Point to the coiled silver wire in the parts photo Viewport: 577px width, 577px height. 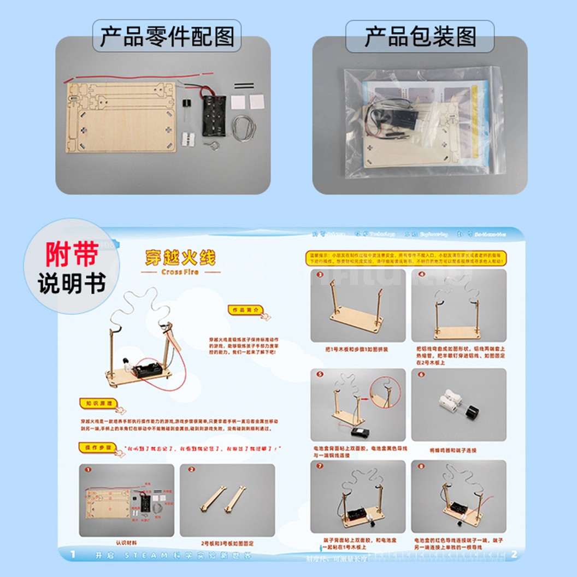[244, 128]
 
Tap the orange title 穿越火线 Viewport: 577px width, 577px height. [180, 257]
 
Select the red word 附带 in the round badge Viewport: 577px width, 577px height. [71, 255]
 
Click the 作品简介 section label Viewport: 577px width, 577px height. [245, 310]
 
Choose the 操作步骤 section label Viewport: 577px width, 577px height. [98, 447]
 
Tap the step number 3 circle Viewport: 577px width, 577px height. [320, 274]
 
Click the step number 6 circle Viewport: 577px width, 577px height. [421, 375]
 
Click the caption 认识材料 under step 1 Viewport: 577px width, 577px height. [126, 543]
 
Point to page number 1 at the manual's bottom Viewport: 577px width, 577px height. [73, 555]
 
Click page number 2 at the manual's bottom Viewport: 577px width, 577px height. [514, 555]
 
